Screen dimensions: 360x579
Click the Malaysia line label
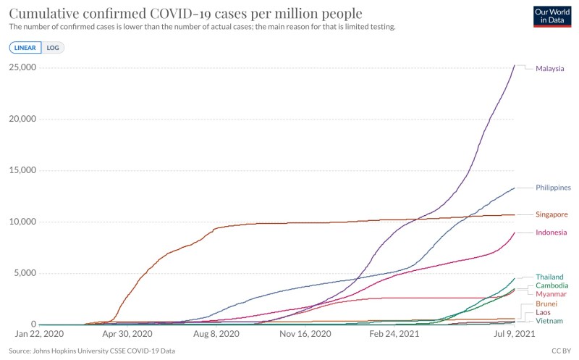coord(549,69)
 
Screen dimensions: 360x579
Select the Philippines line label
coord(554,188)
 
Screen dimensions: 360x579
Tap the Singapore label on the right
coord(551,214)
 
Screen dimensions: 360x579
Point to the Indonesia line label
coord(551,233)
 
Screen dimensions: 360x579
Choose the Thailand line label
coord(549,277)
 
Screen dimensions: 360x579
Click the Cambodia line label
coord(551,285)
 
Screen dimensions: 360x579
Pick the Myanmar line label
coord(551,294)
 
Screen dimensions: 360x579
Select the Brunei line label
coord(546,304)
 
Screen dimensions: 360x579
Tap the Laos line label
coord(543,312)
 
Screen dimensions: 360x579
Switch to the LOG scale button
coord(53,48)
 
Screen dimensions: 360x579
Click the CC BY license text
coord(559,351)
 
